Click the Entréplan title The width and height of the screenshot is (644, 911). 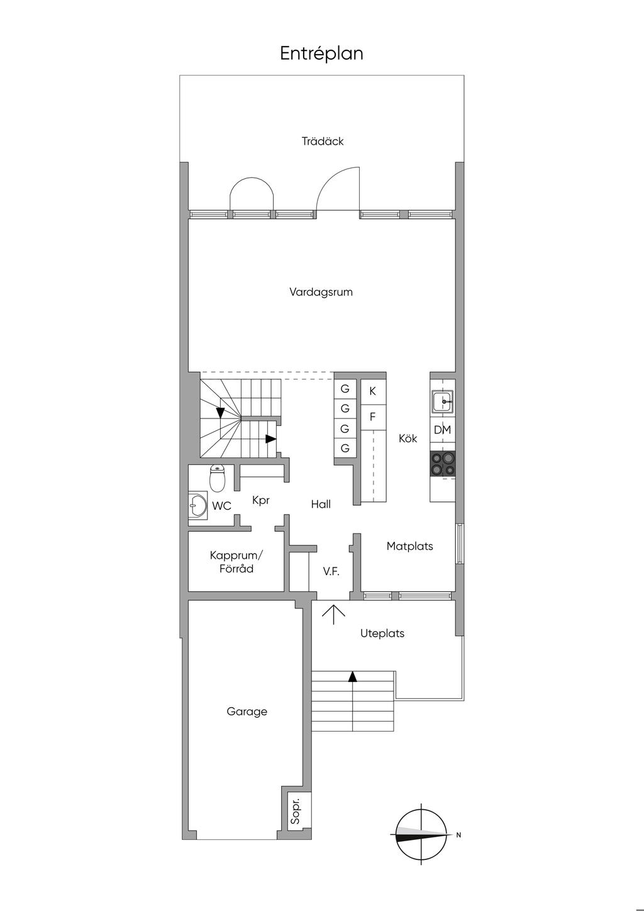[321, 53]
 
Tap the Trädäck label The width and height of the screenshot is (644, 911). [323, 141]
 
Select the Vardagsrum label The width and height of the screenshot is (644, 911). [321, 292]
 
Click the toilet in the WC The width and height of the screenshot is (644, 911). [218, 478]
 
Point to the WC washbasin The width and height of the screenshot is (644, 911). [198, 505]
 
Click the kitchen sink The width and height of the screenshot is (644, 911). [442, 401]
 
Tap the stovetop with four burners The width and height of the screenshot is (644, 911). [442, 463]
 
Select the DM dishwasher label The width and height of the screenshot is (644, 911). [442, 430]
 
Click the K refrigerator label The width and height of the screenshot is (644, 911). [372, 391]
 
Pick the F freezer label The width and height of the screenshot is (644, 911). [372, 417]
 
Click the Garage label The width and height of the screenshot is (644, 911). [247, 712]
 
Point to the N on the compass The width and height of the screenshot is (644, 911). [458, 835]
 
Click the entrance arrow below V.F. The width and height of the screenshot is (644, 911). [333, 615]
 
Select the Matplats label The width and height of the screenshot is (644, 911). [409, 546]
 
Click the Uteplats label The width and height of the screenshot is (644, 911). [382, 633]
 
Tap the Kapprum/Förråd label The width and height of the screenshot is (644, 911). [236, 562]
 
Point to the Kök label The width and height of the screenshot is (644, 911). [408, 439]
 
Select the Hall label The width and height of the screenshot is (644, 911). [321, 505]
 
